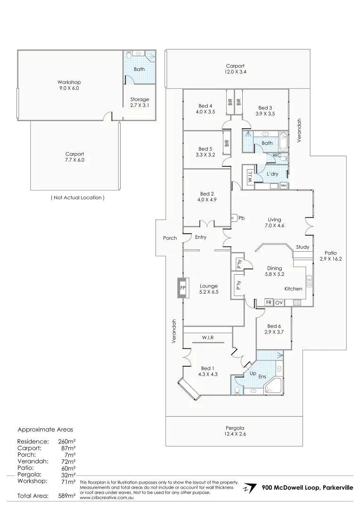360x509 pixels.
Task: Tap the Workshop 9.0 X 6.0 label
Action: (69, 85)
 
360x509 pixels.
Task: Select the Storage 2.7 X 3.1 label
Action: (139, 102)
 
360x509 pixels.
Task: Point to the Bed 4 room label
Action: (205, 109)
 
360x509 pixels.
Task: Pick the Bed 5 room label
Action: (205, 151)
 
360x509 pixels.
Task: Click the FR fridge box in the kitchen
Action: (269, 302)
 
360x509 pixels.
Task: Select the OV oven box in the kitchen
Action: (278, 302)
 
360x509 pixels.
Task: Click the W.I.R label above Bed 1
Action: (208, 338)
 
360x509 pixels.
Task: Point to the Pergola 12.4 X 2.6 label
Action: (235, 431)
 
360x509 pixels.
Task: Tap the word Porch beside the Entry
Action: (170, 238)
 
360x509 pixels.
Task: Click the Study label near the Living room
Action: (303, 247)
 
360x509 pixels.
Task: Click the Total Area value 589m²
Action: (67, 495)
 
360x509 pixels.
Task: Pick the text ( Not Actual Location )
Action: (77, 198)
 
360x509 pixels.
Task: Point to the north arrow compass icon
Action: (251, 488)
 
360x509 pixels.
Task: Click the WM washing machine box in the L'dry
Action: (283, 186)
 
